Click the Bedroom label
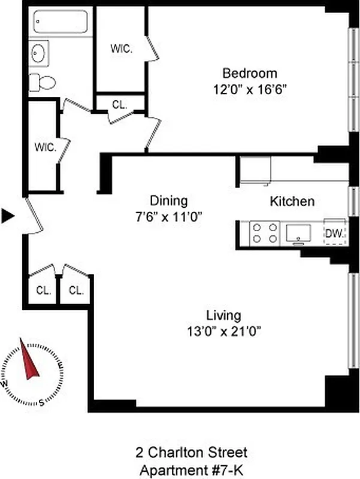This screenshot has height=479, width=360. [250, 74]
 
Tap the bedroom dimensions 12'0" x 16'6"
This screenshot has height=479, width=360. [250, 90]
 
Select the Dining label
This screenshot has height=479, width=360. [168, 201]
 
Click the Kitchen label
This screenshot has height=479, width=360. [292, 201]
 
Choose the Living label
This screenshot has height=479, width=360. [223, 315]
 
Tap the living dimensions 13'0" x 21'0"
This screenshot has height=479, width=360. [223, 331]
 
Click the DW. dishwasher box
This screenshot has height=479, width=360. [335, 232]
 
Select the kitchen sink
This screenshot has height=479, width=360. [298, 232]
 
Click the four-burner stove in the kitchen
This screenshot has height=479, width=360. [265, 232]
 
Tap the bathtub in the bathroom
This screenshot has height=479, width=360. [62, 23]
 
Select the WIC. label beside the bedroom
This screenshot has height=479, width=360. [121, 50]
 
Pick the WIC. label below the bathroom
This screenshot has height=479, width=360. [45, 147]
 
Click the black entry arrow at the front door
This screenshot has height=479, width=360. [7, 216]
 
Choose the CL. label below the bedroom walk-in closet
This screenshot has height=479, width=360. [120, 104]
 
